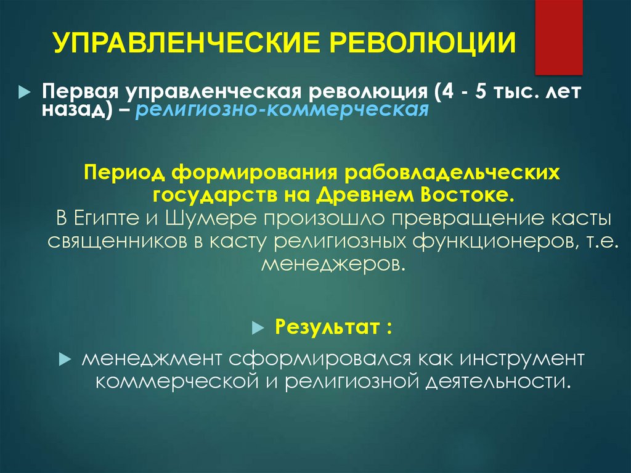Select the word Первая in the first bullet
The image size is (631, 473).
79,92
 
